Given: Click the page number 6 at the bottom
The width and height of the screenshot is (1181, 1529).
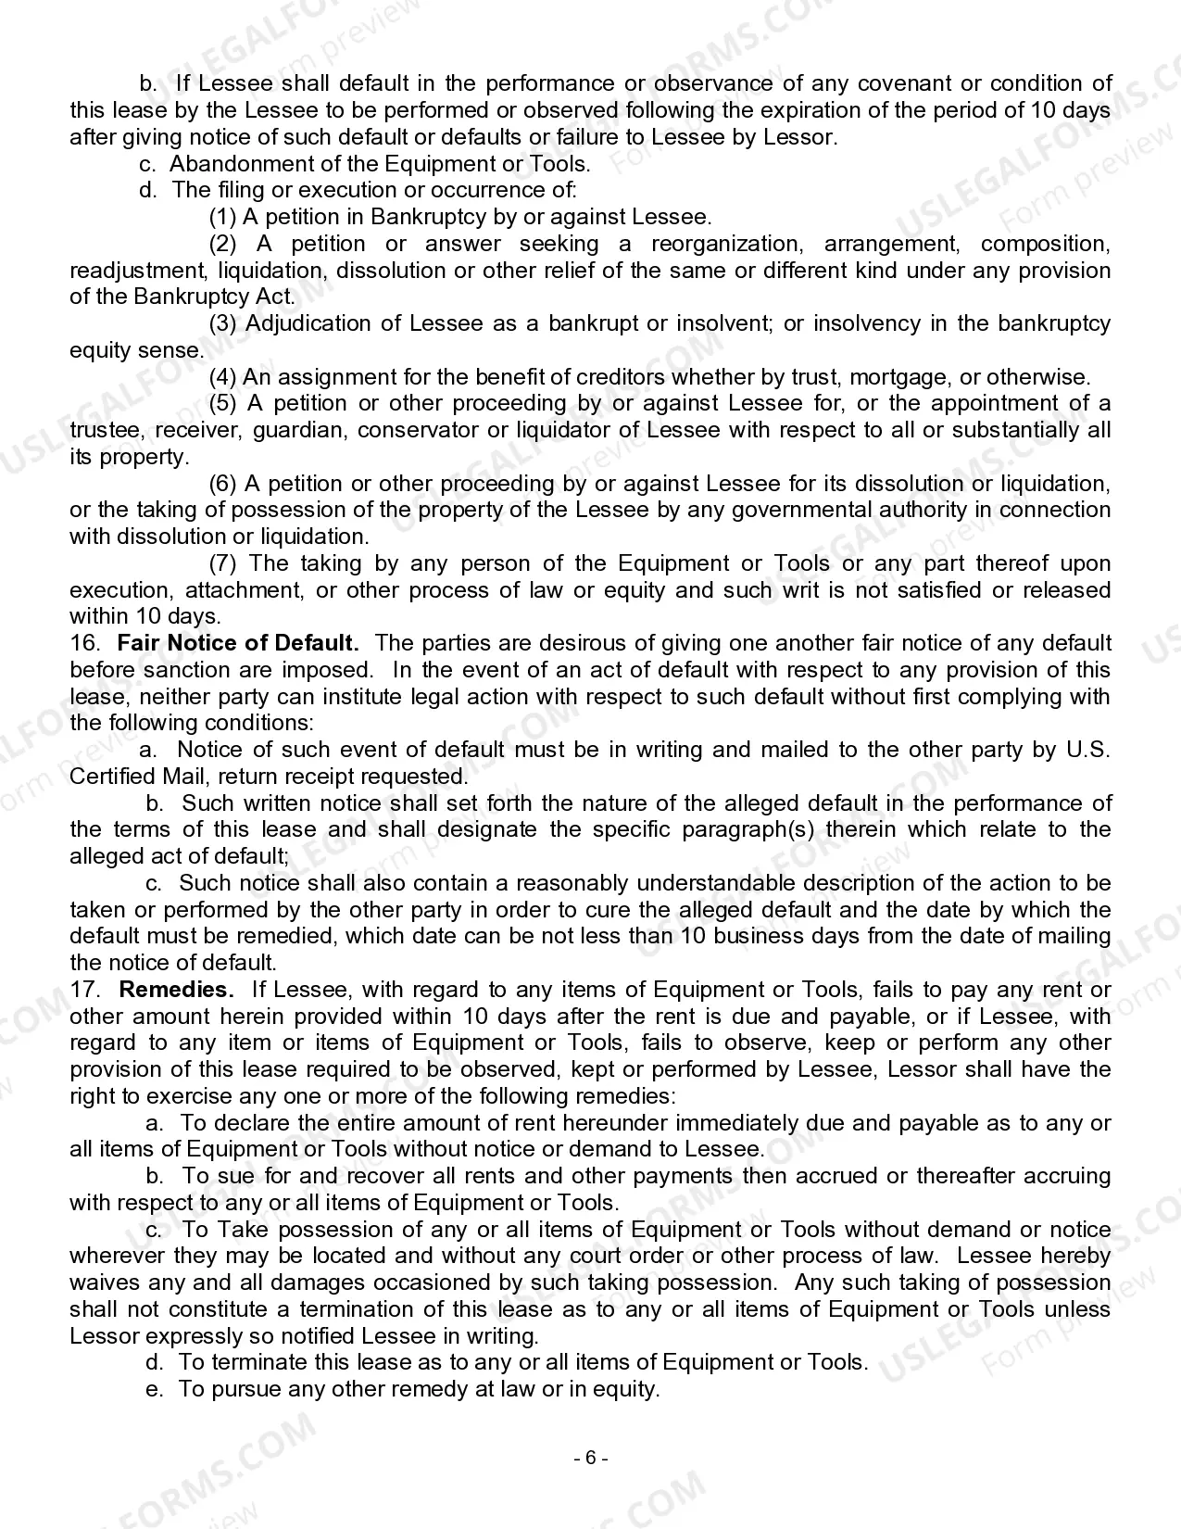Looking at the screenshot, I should coord(591,1458).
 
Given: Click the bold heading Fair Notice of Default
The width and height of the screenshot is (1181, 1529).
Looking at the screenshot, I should coord(238,643).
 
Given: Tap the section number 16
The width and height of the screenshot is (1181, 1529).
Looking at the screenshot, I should coord(82,643).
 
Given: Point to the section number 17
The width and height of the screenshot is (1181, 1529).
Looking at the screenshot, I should coord(82,990).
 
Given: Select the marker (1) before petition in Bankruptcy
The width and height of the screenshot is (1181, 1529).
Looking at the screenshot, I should coord(223,217).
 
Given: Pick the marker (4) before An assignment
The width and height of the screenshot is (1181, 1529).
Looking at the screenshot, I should coord(223,377).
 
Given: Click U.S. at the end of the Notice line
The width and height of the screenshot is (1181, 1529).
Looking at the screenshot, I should coord(1087,750).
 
